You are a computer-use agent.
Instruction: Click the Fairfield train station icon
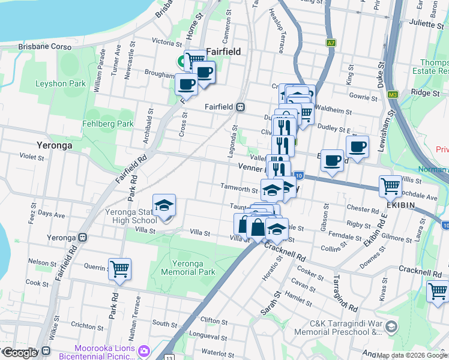pos(241,107)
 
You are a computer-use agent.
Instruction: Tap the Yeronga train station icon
pos(82,237)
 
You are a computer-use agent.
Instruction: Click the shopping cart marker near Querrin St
pos(120,269)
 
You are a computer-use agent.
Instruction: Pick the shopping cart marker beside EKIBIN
pos(390,187)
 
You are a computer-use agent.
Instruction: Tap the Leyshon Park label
pos(61,84)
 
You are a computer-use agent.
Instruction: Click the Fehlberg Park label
pos(108,124)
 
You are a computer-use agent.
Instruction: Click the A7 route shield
pos(331,43)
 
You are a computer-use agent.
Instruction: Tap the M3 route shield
pos(393,94)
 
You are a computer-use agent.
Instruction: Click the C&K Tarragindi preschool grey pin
pos(391,327)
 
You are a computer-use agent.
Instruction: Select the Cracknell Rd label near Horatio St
pos(285,250)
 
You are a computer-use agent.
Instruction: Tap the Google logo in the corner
pos(20,353)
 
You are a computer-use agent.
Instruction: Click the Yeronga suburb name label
pos(55,145)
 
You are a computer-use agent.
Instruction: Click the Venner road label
pos(252,167)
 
